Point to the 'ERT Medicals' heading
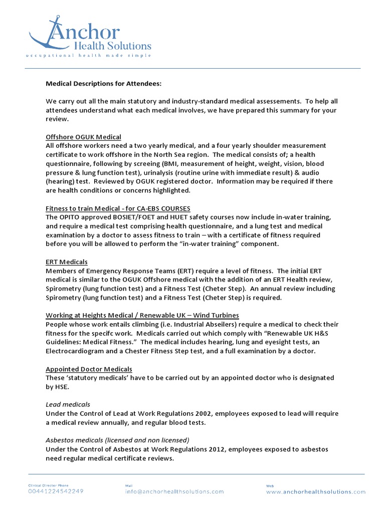click(x=67, y=262)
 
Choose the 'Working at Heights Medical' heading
click(x=142, y=315)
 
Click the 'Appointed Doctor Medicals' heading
click(x=89, y=369)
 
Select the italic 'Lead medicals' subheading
click(x=68, y=404)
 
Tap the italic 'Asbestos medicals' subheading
click(x=117, y=440)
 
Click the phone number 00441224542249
click(x=56, y=491)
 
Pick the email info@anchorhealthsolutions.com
click(x=174, y=491)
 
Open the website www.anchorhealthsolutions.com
click(x=316, y=491)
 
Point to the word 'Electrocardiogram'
click(x=75, y=351)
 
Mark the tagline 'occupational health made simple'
click(x=89, y=56)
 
